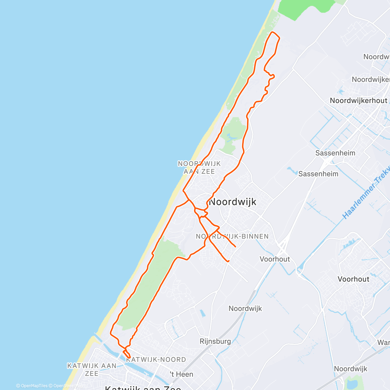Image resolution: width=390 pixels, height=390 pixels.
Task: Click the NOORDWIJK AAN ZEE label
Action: click(x=199, y=167)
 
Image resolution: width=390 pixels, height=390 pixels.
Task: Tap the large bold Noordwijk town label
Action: click(x=233, y=202)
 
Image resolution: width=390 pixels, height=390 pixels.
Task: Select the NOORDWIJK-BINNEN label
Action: click(x=232, y=236)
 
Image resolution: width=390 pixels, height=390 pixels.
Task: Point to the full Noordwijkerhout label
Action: click(x=358, y=101)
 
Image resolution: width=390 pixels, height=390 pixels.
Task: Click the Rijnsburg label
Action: click(x=215, y=341)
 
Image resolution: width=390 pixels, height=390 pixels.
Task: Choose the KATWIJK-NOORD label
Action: click(x=156, y=359)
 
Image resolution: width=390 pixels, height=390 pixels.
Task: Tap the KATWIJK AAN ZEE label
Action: click(x=92, y=370)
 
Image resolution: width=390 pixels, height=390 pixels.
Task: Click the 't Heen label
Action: click(x=181, y=374)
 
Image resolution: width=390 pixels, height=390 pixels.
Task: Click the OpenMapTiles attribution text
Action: click(x=32, y=386)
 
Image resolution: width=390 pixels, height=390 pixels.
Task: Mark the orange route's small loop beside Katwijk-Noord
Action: click(x=127, y=354)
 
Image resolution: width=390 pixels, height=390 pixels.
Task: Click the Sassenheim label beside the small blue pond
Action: click(x=318, y=174)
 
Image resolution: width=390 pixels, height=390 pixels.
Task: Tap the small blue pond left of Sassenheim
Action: click(x=290, y=169)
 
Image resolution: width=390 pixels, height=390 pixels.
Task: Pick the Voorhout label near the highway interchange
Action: click(x=275, y=259)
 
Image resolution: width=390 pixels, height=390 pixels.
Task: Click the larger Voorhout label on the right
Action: click(x=353, y=279)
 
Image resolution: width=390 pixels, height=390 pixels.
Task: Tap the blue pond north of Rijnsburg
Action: click(x=202, y=313)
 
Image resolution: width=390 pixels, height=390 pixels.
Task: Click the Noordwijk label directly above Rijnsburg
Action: click(x=245, y=308)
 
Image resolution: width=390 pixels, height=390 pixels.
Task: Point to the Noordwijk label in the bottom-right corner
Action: click(x=350, y=369)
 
